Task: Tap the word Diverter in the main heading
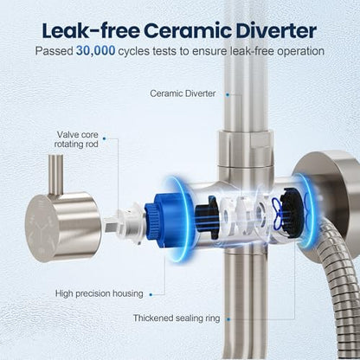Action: pos(276,30)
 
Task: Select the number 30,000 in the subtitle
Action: pos(96,51)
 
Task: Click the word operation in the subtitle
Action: pos(300,52)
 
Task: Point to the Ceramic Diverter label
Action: pos(183,93)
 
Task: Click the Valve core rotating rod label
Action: pos(76,139)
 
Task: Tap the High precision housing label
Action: pos(99,293)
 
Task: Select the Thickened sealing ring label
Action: pos(177,318)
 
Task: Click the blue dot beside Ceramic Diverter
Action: pos(228,94)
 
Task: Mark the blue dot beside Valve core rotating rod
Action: pos(105,138)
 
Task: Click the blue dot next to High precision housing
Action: pos(151,294)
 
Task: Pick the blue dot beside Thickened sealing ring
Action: pos(228,319)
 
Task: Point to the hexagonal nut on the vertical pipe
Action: pos(245,148)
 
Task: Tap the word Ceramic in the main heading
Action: pos(188,30)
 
